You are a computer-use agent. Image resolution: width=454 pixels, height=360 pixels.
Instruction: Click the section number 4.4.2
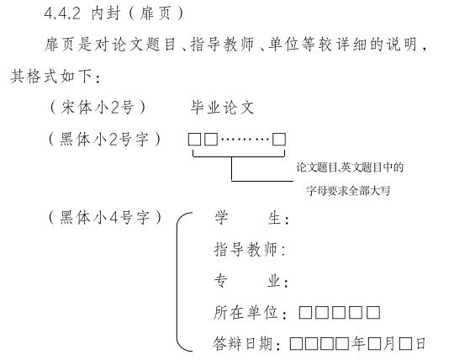click(62, 13)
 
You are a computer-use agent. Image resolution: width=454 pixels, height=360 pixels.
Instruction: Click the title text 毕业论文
click(222, 108)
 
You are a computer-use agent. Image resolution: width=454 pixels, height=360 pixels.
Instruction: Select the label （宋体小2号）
click(98, 108)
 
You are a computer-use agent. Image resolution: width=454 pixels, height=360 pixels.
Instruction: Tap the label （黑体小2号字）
click(104, 140)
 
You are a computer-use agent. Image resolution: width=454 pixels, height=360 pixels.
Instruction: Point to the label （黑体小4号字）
click(104, 218)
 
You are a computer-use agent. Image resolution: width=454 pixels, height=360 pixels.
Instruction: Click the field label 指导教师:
click(250, 249)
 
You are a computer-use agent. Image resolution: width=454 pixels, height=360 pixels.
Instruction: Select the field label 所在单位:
click(251, 313)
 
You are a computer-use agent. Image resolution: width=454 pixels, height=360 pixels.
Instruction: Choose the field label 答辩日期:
click(246, 344)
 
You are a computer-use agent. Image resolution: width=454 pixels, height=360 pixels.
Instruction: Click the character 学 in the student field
click(221, 218)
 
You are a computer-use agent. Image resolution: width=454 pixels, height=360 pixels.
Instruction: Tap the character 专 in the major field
click(220, 281)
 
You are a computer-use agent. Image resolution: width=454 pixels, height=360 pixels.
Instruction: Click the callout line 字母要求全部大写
click(348, 191)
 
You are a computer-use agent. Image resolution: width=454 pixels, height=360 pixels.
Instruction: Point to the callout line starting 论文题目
click(350, 167)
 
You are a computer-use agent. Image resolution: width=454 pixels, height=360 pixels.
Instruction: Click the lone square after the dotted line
click(279, 140)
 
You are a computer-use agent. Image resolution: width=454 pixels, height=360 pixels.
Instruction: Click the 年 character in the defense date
click(358, 344)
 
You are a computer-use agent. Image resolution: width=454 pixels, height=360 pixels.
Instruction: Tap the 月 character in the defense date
click(389, 344)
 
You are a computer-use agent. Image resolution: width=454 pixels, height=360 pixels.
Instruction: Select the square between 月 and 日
click(405, 344)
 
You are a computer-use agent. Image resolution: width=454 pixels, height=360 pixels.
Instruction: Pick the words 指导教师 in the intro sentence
click(222, 45)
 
